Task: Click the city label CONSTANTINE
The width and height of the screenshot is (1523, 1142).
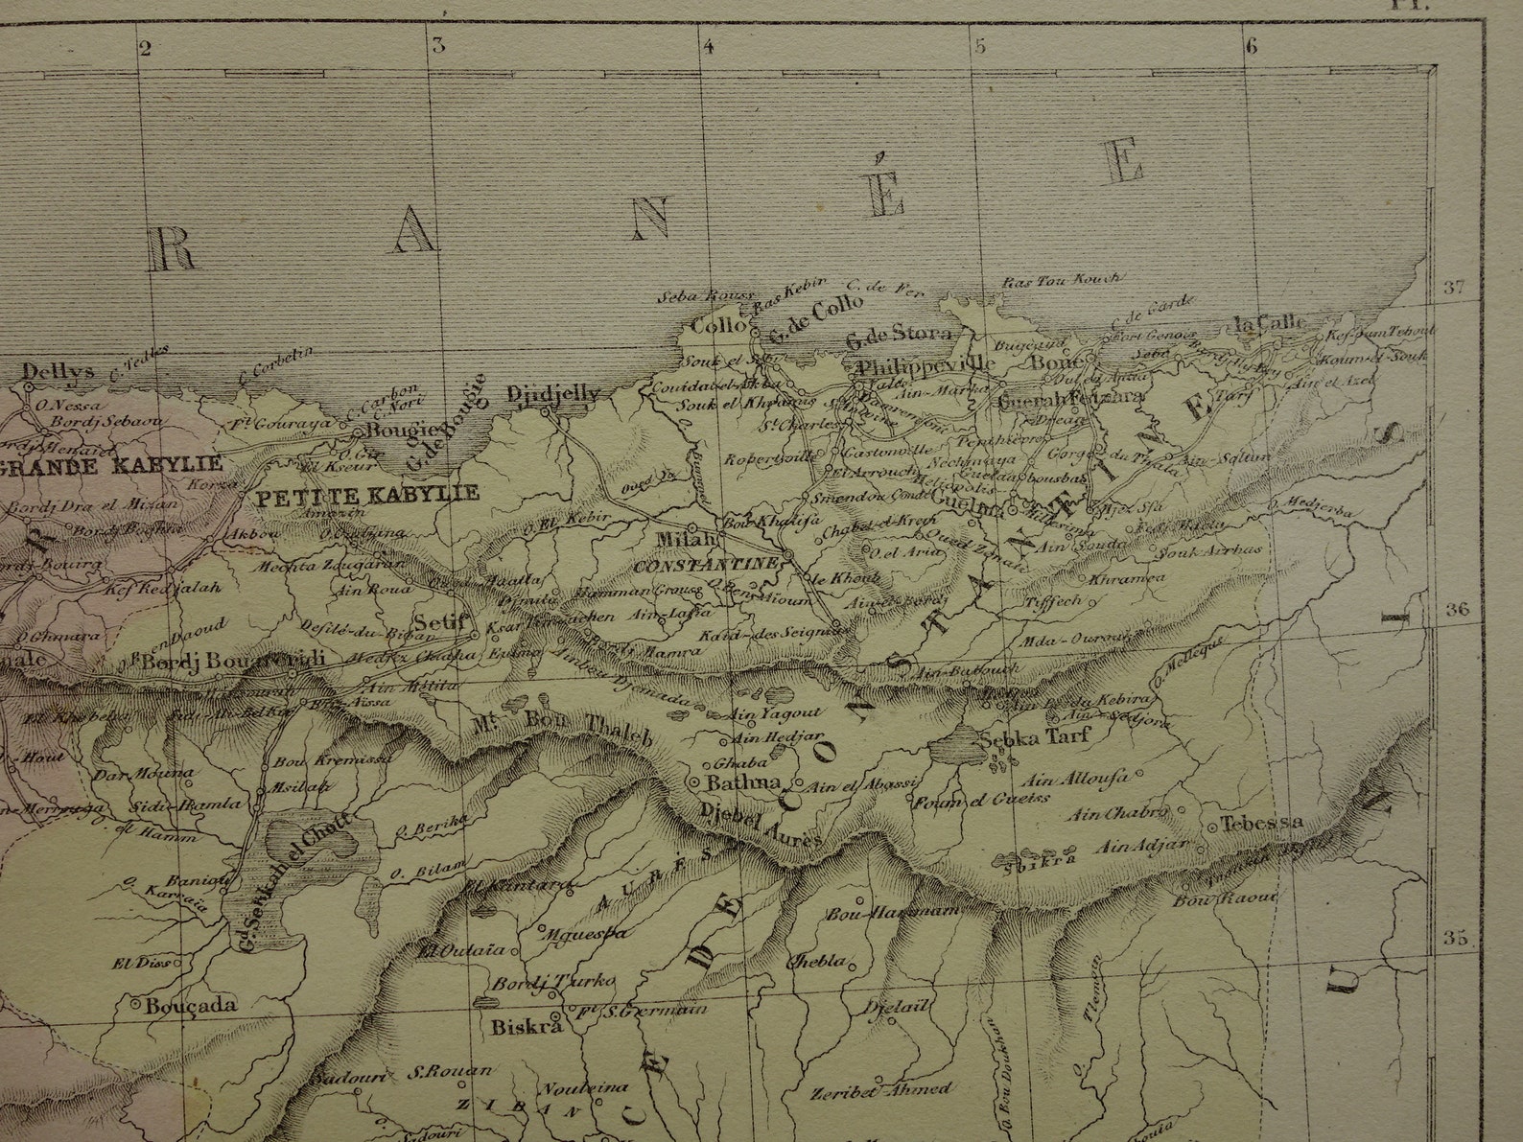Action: pos(704,565)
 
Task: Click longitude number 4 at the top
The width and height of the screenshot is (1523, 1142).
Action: pos(709,45)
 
